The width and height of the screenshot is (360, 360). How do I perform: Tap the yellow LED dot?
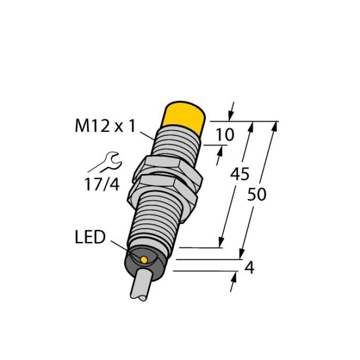tap(144, 260)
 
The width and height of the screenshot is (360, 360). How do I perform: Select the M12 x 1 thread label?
tap(105, 126)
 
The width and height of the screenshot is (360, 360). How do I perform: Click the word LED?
tap(90, 237)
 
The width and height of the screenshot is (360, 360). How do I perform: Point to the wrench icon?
tap(106, 162)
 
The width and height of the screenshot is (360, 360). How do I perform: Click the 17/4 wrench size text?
tap(102, 185)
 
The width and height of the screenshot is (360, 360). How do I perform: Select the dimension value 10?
tap(225, 134)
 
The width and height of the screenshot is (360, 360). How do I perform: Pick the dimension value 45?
tap(239, 174)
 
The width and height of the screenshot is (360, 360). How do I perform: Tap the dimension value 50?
tap(257, 194)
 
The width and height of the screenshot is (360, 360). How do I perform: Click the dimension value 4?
tap(250, 268)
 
